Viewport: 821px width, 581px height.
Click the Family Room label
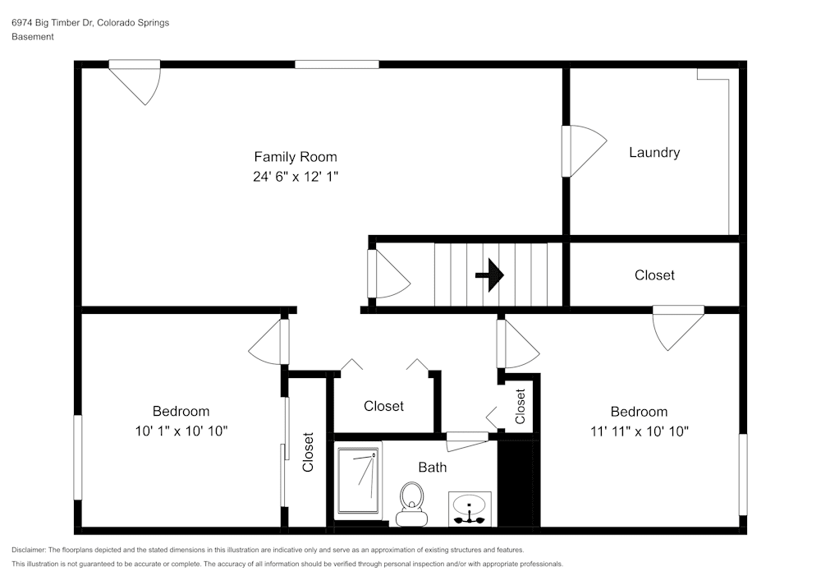coord(296,157)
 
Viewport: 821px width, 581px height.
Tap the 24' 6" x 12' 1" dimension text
coord(296,177)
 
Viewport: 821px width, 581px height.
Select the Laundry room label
coord(654,153)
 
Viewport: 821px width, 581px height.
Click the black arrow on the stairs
coord(489,275)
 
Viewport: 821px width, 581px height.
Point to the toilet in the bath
coord(412,504)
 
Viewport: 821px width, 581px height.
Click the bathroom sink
coord(470,509)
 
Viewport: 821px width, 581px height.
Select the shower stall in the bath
coord(358,481)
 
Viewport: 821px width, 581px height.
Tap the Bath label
coord(433,468)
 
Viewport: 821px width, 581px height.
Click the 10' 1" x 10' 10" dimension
coord(181,431)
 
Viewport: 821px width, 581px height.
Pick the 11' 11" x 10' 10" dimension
coord(640,431)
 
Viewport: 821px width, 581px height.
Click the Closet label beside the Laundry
coord(654,275)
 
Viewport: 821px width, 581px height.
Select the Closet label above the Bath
coord(383,406)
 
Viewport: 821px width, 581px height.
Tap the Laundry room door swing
coord(585,151)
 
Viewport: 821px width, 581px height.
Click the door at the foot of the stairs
coord(389,274)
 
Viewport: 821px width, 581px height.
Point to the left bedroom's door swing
coord(268,342)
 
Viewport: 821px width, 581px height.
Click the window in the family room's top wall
coord(337,64)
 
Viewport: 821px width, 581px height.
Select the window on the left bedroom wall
coord(77,458)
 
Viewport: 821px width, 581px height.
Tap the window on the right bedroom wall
coord(743,474)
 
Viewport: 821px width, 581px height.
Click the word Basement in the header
coord(33,37)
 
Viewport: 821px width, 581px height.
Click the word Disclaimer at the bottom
coord(28,550)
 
